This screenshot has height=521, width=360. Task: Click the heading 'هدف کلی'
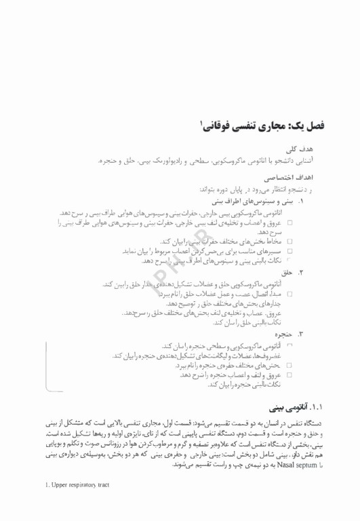coord(313,149)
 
